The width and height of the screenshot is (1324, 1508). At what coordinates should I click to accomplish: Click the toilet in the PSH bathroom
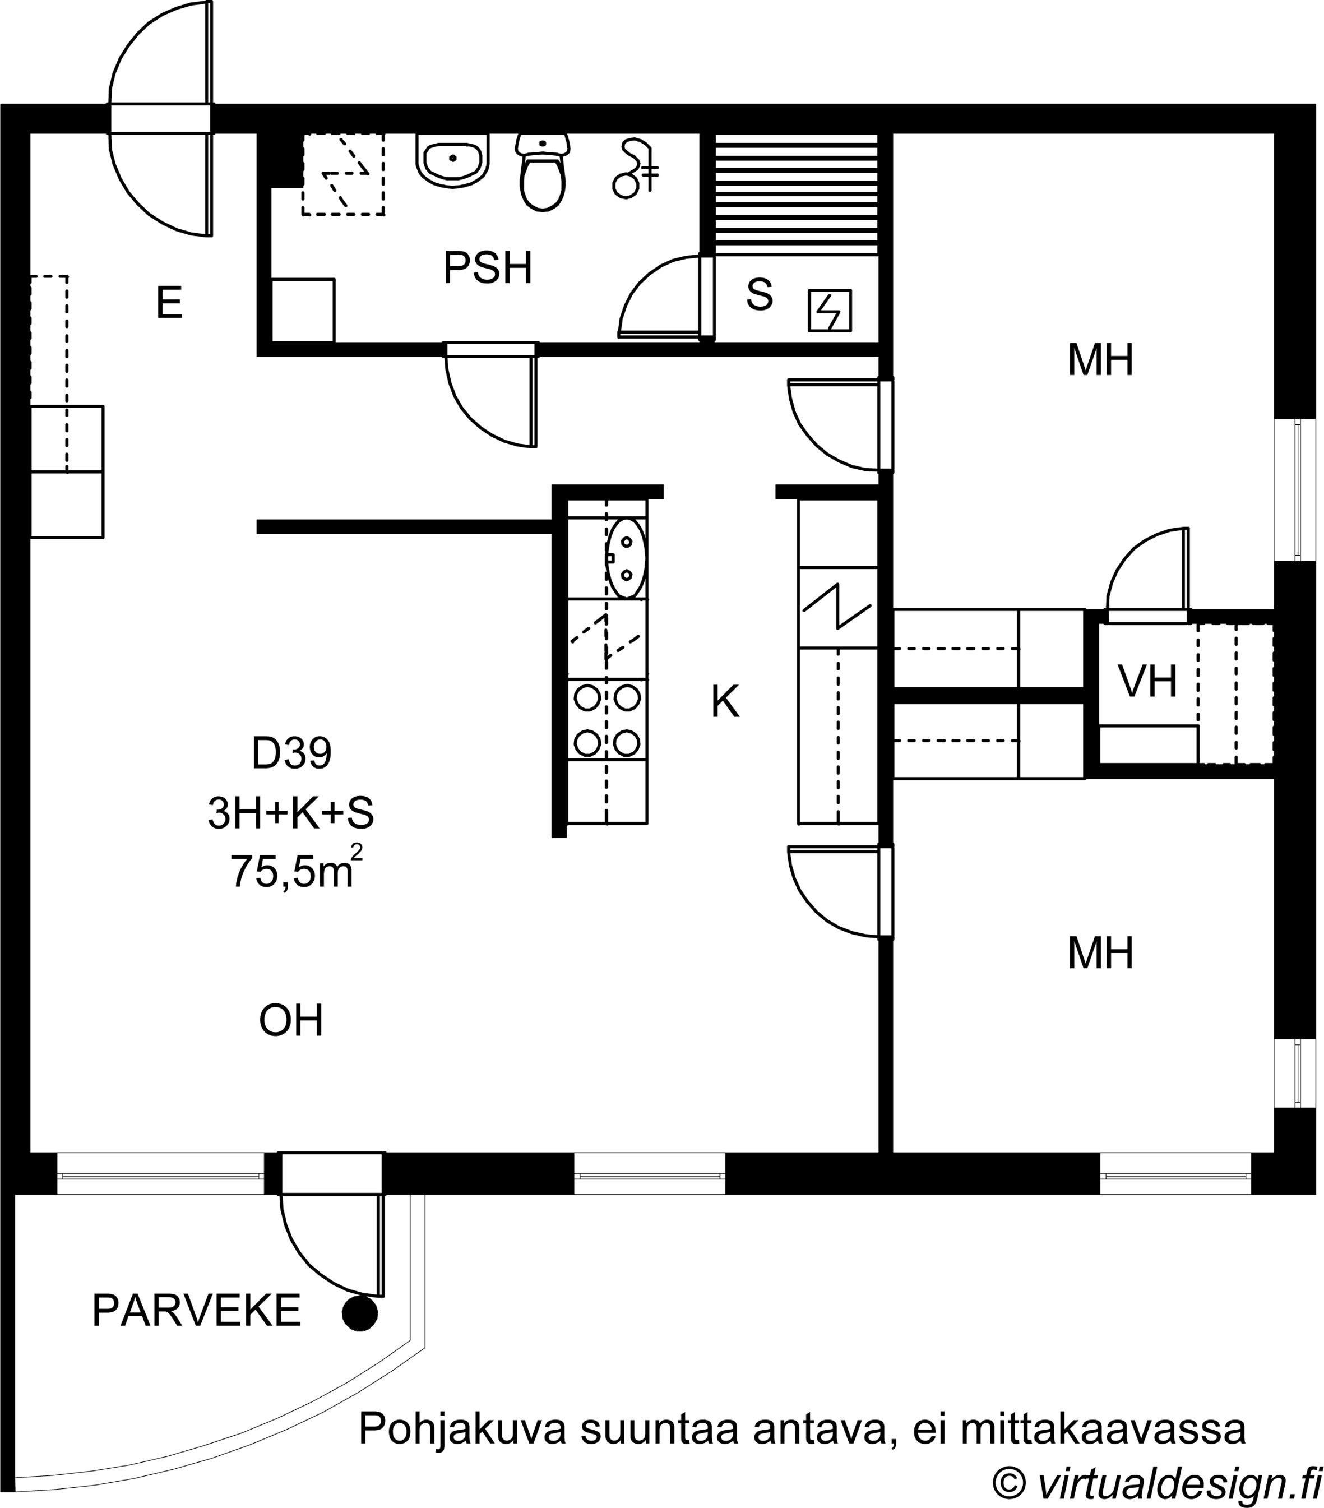[543, 173]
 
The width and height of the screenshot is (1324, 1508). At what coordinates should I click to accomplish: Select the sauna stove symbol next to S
[830, 310]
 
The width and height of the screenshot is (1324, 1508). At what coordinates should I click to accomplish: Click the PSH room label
[488, 268]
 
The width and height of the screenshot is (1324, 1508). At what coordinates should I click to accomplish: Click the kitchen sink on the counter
[627, 557]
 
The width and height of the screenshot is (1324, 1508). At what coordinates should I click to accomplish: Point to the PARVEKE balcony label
[196, 1311]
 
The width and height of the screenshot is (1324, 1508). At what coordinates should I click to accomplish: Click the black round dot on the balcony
[360, 1313]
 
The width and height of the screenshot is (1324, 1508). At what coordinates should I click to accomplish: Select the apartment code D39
[291, 753]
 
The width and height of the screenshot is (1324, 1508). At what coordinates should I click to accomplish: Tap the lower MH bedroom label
[1100, 952]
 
